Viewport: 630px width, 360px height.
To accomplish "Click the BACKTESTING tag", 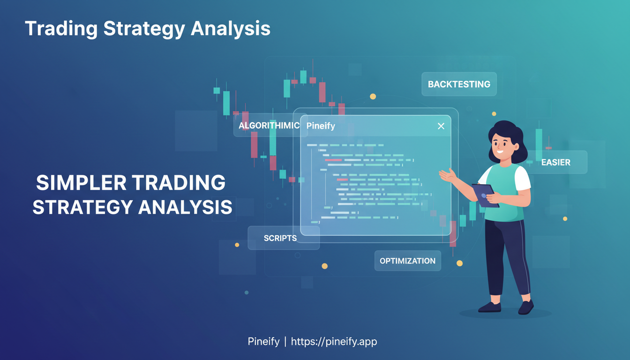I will [459, 84].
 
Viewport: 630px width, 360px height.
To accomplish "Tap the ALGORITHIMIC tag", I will [269, 126].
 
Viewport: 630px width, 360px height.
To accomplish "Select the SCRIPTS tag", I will [280, 238].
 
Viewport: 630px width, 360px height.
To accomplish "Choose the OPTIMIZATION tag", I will [407, 261].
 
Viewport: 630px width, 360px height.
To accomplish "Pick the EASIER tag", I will [555, 163].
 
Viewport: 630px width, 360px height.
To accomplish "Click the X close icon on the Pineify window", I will [441, 126].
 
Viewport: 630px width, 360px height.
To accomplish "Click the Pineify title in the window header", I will [321, 126].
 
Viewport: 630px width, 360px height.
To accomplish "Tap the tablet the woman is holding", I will [485, 194].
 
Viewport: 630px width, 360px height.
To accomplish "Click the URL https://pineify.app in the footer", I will [334, 342].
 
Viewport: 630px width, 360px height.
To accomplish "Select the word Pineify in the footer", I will [263, 342].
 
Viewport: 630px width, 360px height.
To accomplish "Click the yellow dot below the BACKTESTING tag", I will [373, 97].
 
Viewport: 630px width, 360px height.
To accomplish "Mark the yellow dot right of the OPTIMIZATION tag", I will [459, 263].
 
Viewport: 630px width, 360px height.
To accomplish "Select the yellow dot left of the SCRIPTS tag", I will [237, 245].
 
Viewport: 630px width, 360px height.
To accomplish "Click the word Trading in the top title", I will [60, 29].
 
